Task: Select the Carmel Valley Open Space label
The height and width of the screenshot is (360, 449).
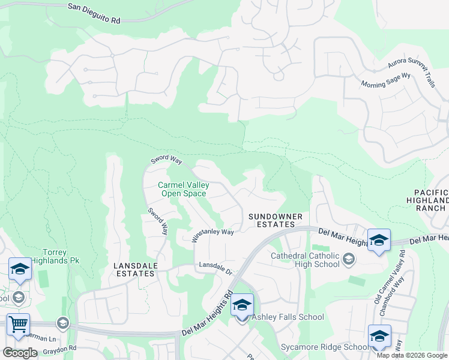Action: [182, 190]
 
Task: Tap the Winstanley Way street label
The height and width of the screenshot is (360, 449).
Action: [212, 233]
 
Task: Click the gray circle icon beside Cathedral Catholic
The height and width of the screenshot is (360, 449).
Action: [350, 259]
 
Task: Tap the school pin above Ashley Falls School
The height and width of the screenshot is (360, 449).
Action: [242, 307]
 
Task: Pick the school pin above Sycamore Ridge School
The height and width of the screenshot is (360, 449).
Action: [379, 337]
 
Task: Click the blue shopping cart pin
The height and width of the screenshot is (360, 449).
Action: [18, 326]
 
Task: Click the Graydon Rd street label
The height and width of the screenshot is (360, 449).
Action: [60, 348]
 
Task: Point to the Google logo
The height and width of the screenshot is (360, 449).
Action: [20, 353]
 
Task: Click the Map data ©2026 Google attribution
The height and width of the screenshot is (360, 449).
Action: [411, 355]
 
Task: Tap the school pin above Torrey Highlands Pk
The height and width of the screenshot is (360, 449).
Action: [20, 270]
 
